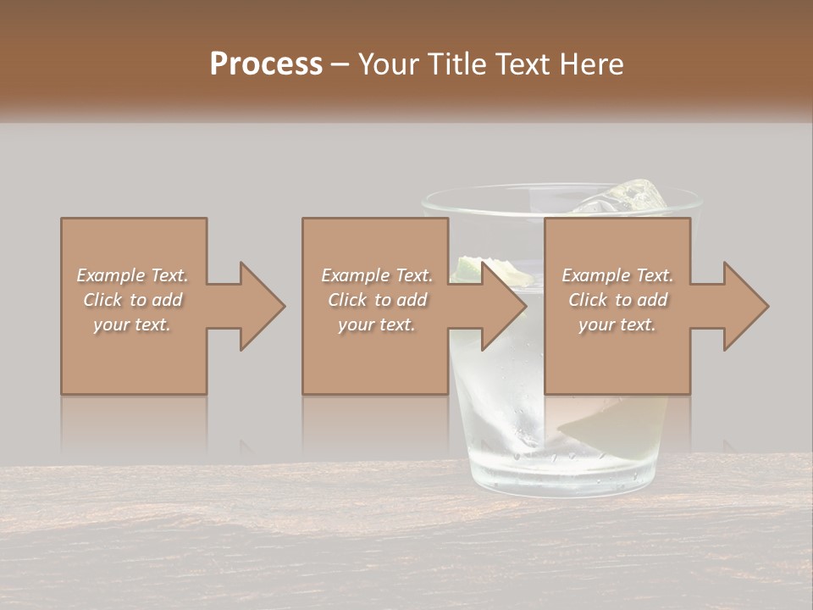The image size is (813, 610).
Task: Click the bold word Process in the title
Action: [266, 64]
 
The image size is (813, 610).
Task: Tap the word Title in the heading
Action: [457, 64]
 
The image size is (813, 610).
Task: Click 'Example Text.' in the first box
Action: [133, 275]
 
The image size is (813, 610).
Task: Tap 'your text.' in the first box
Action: [133, 324]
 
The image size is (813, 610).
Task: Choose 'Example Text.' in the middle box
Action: [377, 275]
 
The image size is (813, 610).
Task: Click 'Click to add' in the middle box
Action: [377, 300]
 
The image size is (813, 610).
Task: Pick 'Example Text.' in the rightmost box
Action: [617, 275]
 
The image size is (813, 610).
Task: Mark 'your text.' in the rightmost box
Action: [617, 324]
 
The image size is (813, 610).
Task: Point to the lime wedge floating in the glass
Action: [468, 268]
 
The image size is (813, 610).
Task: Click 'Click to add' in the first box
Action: [133, 300]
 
